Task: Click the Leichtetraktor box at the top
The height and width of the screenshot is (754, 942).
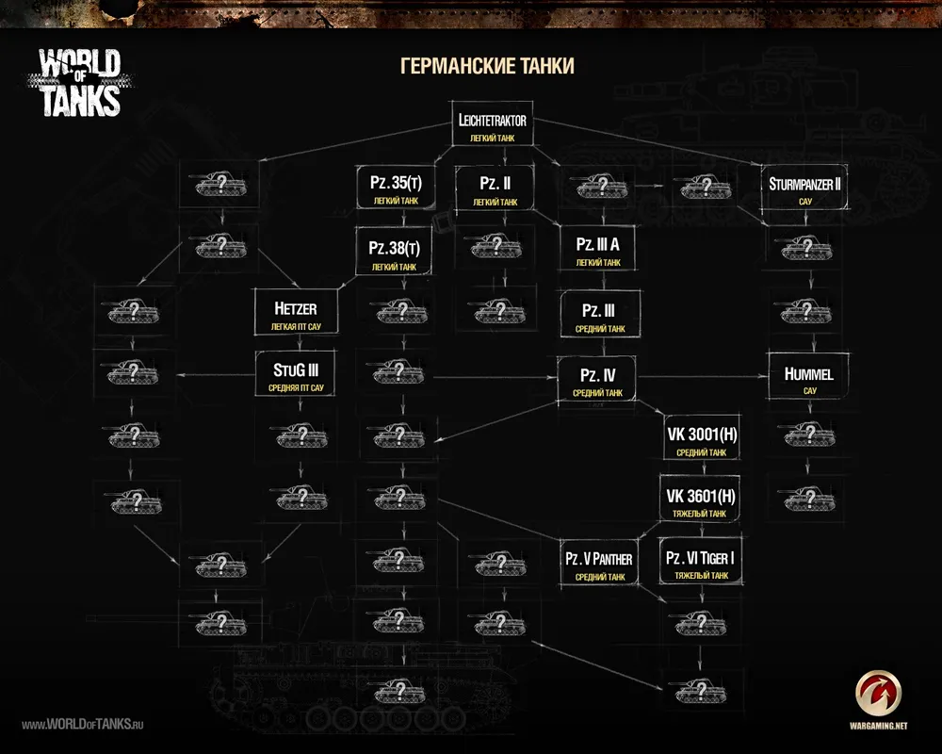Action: tap(492, 125)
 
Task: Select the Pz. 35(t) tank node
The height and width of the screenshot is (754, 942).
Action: tap(394, 188)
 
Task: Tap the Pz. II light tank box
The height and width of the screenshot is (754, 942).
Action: tap(495, 188)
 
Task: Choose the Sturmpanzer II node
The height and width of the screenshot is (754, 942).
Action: tap(804, 188)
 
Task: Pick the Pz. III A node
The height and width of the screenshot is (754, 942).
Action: tap(598, 250)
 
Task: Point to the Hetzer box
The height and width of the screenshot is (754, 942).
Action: tap(295, 314)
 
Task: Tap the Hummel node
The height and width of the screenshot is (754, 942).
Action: tap(808, 379)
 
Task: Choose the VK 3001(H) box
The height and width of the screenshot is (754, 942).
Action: tap(700, 440)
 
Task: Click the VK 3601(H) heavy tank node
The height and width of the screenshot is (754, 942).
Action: tap(700, 501)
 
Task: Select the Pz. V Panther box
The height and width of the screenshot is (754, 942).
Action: tap(598, 564)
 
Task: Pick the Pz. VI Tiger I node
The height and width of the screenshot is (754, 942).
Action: tap(700, 564)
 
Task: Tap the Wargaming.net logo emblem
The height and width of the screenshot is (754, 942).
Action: tap(880, 696)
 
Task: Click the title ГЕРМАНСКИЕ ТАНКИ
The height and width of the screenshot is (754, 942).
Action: tap(487, 66)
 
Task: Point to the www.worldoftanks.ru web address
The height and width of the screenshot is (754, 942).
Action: tap(82, 724)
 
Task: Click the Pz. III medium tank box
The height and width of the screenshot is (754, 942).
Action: tap(598, 316)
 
